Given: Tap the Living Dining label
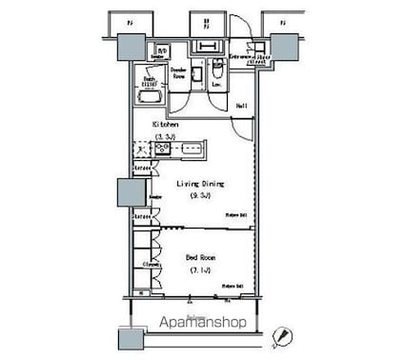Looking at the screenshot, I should click(x=200, y=185).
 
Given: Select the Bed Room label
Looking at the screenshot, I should click(x=198, y=257).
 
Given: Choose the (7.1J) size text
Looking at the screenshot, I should click(x=199, y=270).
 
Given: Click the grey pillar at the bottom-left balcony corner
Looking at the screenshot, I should click(x=129, y=339).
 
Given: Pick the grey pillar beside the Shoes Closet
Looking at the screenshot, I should click(x=283, y=48).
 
